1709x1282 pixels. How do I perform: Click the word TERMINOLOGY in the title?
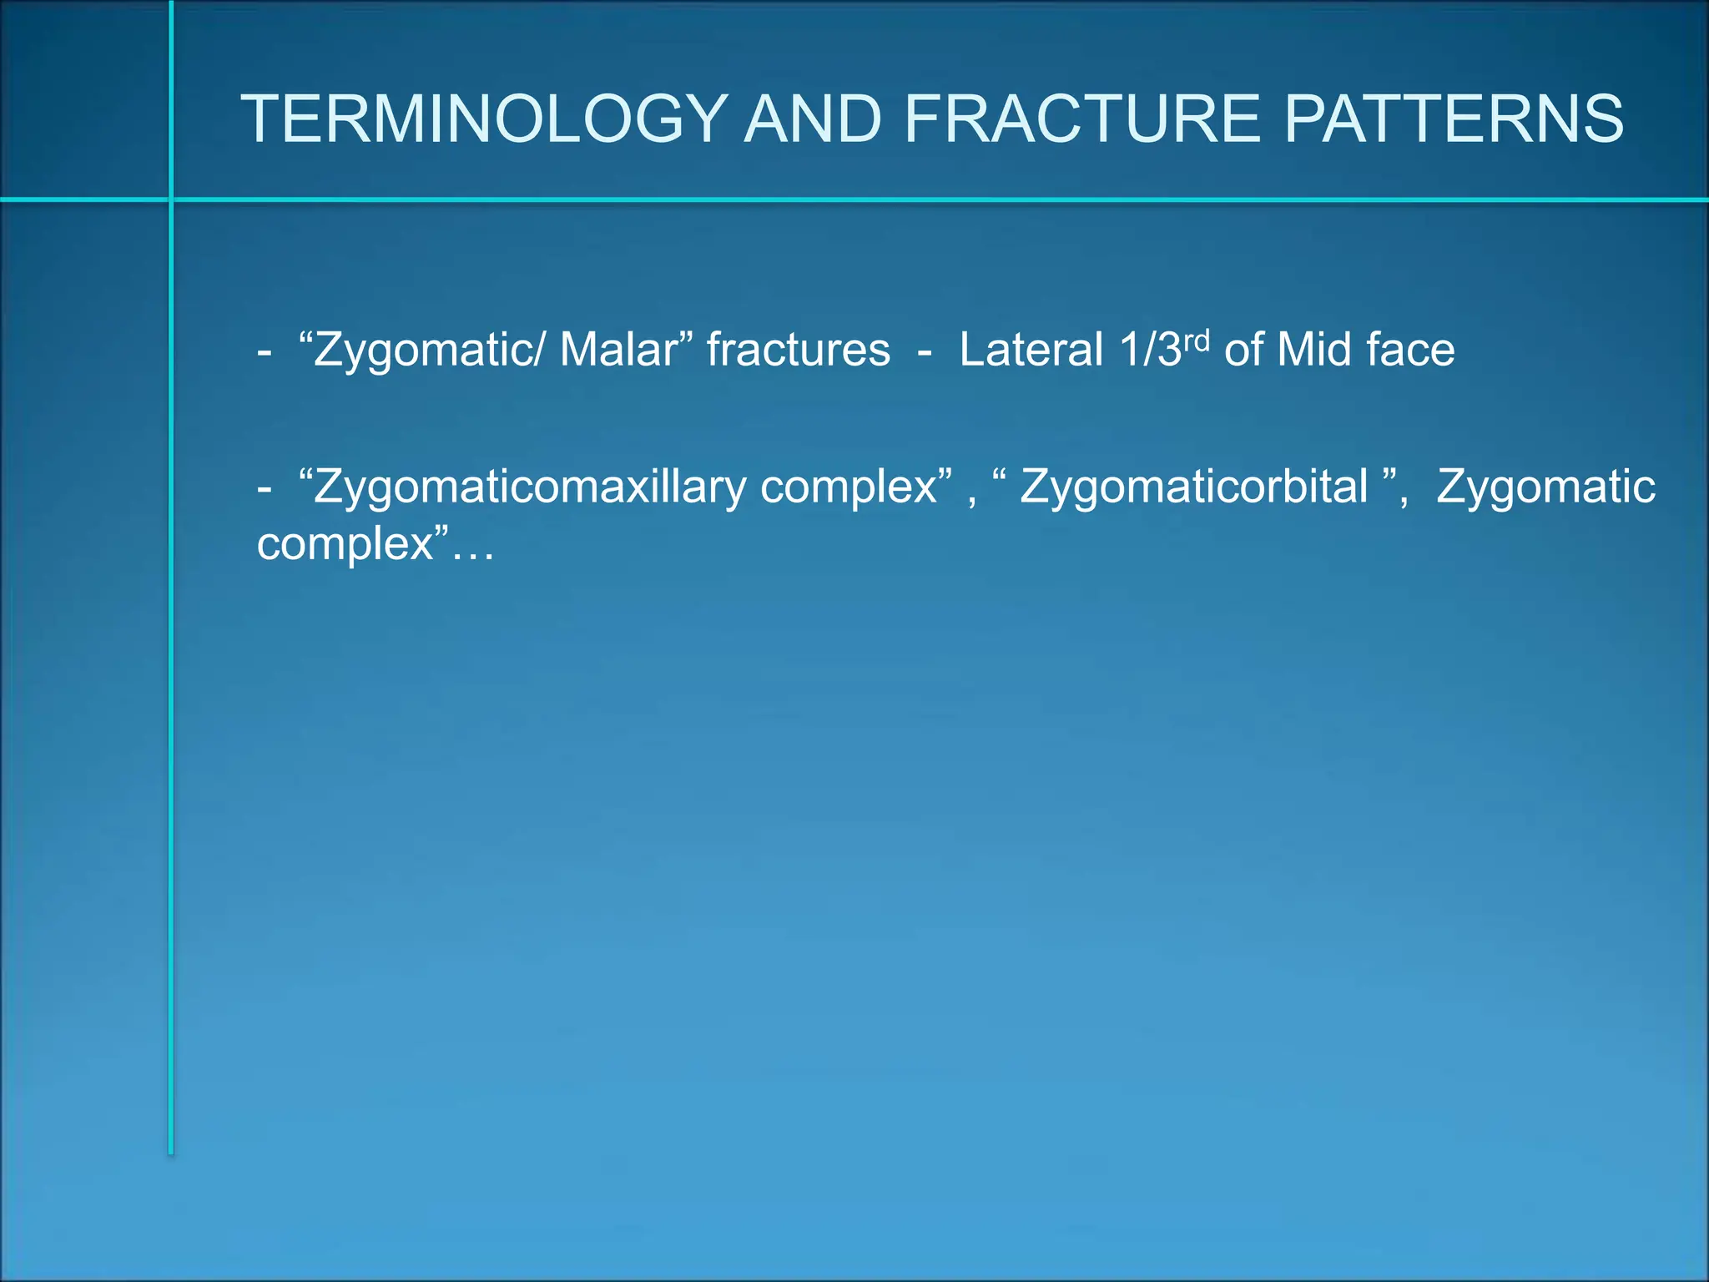pos(485,119)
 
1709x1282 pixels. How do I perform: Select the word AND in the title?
pos(813,119)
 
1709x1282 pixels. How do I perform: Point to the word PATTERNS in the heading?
pos(1454,119)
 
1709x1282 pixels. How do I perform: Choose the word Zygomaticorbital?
pos(1193,487)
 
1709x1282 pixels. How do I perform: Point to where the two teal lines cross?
pos(171,199)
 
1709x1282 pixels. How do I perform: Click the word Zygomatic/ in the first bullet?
pos(426,351)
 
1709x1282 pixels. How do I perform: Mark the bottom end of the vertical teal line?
pos(171,1153)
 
